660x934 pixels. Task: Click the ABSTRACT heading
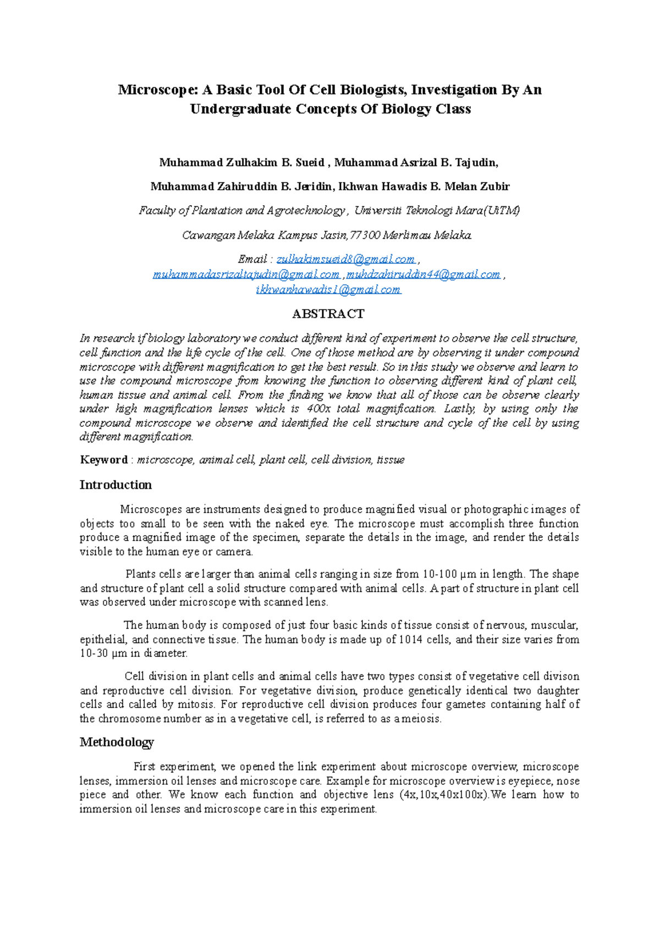(x=328, y=314)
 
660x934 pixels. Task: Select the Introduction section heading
(x=116, y=485)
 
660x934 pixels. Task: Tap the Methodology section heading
(x=117, y=742)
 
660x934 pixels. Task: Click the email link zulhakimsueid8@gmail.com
(x=346, y=259)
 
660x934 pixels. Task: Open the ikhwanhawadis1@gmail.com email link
(x=328, y=289)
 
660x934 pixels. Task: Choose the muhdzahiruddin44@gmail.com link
(x=423, y=274)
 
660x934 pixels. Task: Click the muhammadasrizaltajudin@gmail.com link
(x=246, y=274)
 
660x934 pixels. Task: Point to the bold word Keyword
(x=103, y=460)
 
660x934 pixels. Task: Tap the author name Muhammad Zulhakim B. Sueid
(x=241, y=162)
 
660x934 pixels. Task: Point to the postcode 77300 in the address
(x=365, y=235)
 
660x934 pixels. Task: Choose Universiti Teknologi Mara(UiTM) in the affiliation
(x=437, y=211)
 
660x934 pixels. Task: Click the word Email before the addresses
(x=252, y=259)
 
